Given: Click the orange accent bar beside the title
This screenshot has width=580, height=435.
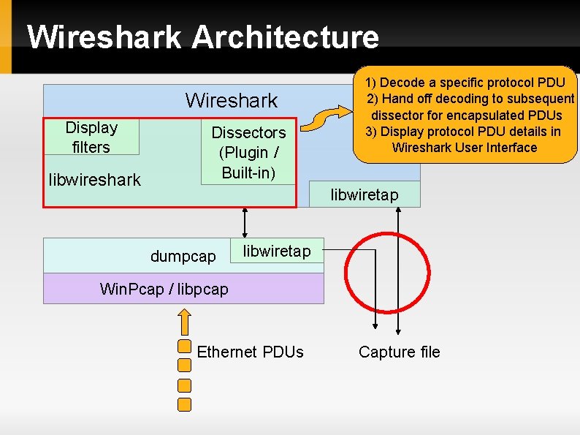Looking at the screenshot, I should pos(6,37).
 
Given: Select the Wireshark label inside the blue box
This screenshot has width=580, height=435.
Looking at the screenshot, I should pos(232,100).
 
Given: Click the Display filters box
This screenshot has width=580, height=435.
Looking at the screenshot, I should pos(91,137).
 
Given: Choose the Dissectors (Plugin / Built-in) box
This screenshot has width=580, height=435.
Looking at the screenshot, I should pos(248,153).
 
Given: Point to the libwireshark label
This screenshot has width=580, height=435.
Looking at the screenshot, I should pos(94,180).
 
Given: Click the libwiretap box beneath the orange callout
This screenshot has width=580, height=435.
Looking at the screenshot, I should pos(365,194).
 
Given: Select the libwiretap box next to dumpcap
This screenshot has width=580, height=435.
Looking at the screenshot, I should pos(276,251).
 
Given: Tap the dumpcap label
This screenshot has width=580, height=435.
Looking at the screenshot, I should pos(183,257).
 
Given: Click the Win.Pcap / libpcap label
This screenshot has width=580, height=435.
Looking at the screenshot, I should pos(164,289).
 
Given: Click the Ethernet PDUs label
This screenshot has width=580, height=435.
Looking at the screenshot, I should pos(250,352).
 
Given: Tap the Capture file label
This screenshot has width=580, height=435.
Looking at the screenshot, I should pos(399,352).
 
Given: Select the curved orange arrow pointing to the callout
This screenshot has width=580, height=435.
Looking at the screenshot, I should pos(327,116).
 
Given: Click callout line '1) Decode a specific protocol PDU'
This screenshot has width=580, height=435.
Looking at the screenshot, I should pos(465,83).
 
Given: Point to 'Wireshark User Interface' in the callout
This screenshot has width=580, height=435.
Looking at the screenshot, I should pos(465,147).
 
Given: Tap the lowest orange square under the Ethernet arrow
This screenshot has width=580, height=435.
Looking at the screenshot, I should pos(185,404).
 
